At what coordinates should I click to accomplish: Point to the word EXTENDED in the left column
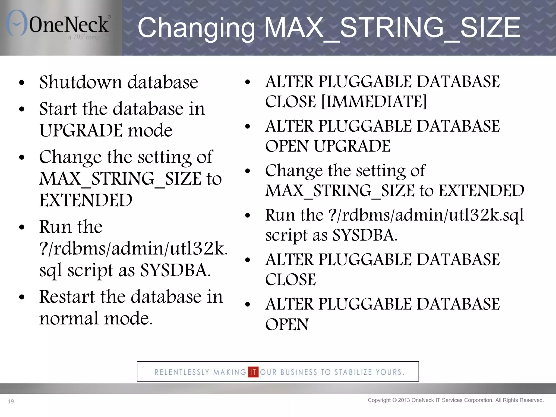tap(86, 200)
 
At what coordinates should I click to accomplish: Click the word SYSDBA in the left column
tap(175, 270)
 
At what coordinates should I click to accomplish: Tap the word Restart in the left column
tap(67, 296)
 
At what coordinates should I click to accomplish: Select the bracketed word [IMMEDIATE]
tap(374, 102)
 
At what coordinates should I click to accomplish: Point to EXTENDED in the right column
tap(481, 191)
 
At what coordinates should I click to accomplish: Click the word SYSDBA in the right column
tap(365, 235)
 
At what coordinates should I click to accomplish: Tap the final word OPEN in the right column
tap(287, 324)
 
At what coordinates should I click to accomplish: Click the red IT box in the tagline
tap(253, 372)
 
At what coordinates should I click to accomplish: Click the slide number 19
tap(11, 402)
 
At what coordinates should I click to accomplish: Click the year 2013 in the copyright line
tap(404, 400)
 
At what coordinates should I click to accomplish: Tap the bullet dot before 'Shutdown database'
tap(22, 83)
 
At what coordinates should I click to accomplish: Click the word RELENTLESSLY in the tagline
tap(182, 372)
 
